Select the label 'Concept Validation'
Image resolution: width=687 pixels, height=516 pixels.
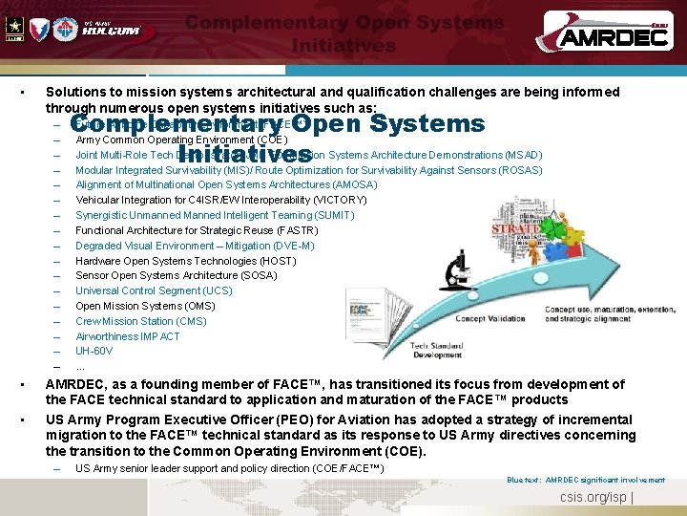tap(489, 319)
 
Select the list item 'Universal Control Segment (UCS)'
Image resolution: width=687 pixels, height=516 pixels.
tap(154, 290)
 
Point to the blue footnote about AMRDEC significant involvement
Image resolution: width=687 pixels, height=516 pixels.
tap(586, 480)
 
